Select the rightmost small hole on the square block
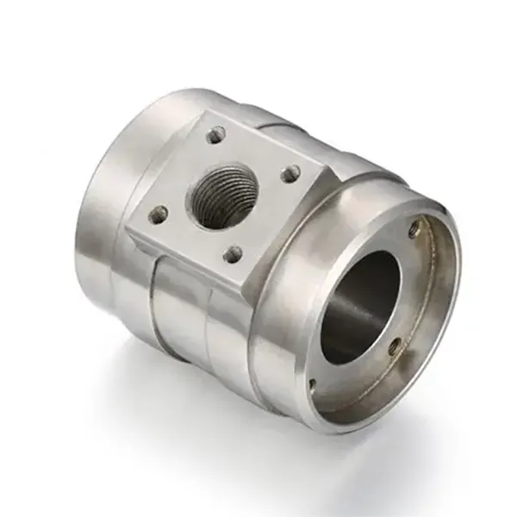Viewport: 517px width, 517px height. (x=291, y=174)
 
